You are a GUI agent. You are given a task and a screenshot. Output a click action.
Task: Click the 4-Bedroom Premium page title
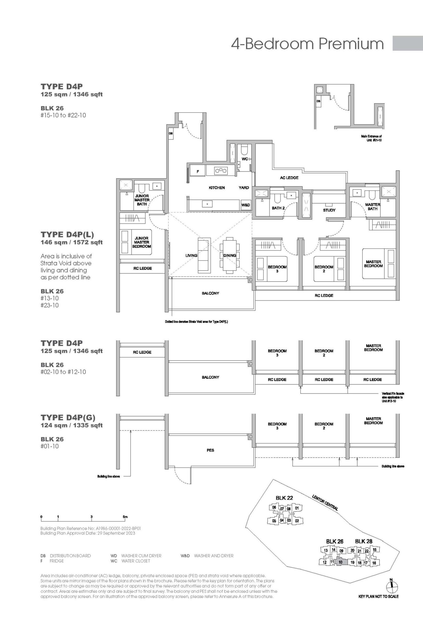coord(307,44)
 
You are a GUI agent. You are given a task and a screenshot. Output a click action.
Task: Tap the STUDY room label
coord(329,210)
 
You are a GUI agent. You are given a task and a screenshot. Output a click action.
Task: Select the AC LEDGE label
coord(289,178)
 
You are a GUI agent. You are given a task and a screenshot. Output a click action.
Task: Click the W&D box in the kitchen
coord(245,205)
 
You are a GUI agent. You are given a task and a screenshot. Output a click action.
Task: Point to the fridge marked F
coord(197,171)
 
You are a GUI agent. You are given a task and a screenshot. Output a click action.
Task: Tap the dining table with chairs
coord(229,255)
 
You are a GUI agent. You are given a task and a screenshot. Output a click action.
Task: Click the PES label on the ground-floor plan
coord(210,450)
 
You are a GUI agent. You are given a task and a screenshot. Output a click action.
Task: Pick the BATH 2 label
coord(278,208)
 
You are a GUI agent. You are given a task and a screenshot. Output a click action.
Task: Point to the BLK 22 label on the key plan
coord(284,498)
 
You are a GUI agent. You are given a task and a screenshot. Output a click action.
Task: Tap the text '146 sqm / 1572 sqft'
coord(72,242)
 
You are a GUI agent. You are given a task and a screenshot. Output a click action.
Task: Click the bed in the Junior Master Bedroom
coord(136,242)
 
